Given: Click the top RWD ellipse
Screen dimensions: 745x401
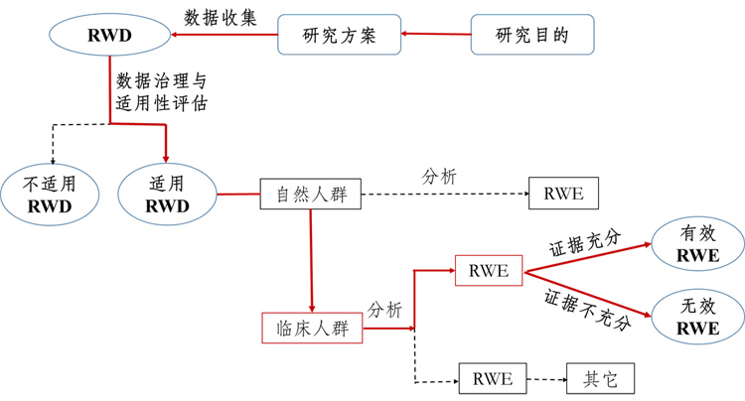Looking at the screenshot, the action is click(109, 35).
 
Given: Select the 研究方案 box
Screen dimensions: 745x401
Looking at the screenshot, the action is click(340, 35).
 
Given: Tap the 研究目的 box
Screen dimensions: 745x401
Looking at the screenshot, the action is click(532, 35).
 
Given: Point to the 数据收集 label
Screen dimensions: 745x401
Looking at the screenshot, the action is click(221, 18).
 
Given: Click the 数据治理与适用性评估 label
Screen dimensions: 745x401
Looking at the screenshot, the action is click(162, 92).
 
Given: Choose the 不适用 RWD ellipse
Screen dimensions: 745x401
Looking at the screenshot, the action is click(50, 195).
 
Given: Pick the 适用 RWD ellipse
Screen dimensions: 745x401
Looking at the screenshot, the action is click(167, 195).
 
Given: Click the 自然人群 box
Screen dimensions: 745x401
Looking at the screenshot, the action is click(310, 194).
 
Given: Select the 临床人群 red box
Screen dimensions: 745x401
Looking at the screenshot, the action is click(312, 328).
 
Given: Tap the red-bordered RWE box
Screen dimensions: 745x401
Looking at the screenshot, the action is click(489, 271).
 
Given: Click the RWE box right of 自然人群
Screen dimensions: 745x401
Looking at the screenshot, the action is click(563, 194).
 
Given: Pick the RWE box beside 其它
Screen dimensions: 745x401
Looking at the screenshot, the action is click(493, 379).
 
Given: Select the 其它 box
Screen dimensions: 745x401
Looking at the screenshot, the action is click(601, 379).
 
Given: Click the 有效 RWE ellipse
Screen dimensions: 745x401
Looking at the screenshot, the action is click(698, 244).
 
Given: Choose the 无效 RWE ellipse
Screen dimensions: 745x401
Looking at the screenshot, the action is click(698, 317).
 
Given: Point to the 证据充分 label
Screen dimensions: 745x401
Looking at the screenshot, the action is click(585, 243).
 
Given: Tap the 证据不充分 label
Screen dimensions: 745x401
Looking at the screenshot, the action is click(588, 310).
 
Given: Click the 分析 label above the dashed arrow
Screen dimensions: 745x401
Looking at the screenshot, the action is click(439, 177).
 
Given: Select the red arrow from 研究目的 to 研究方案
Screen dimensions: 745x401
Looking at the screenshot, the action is click(436, 34).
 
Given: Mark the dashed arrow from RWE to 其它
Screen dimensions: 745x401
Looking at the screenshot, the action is click(546, 379).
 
